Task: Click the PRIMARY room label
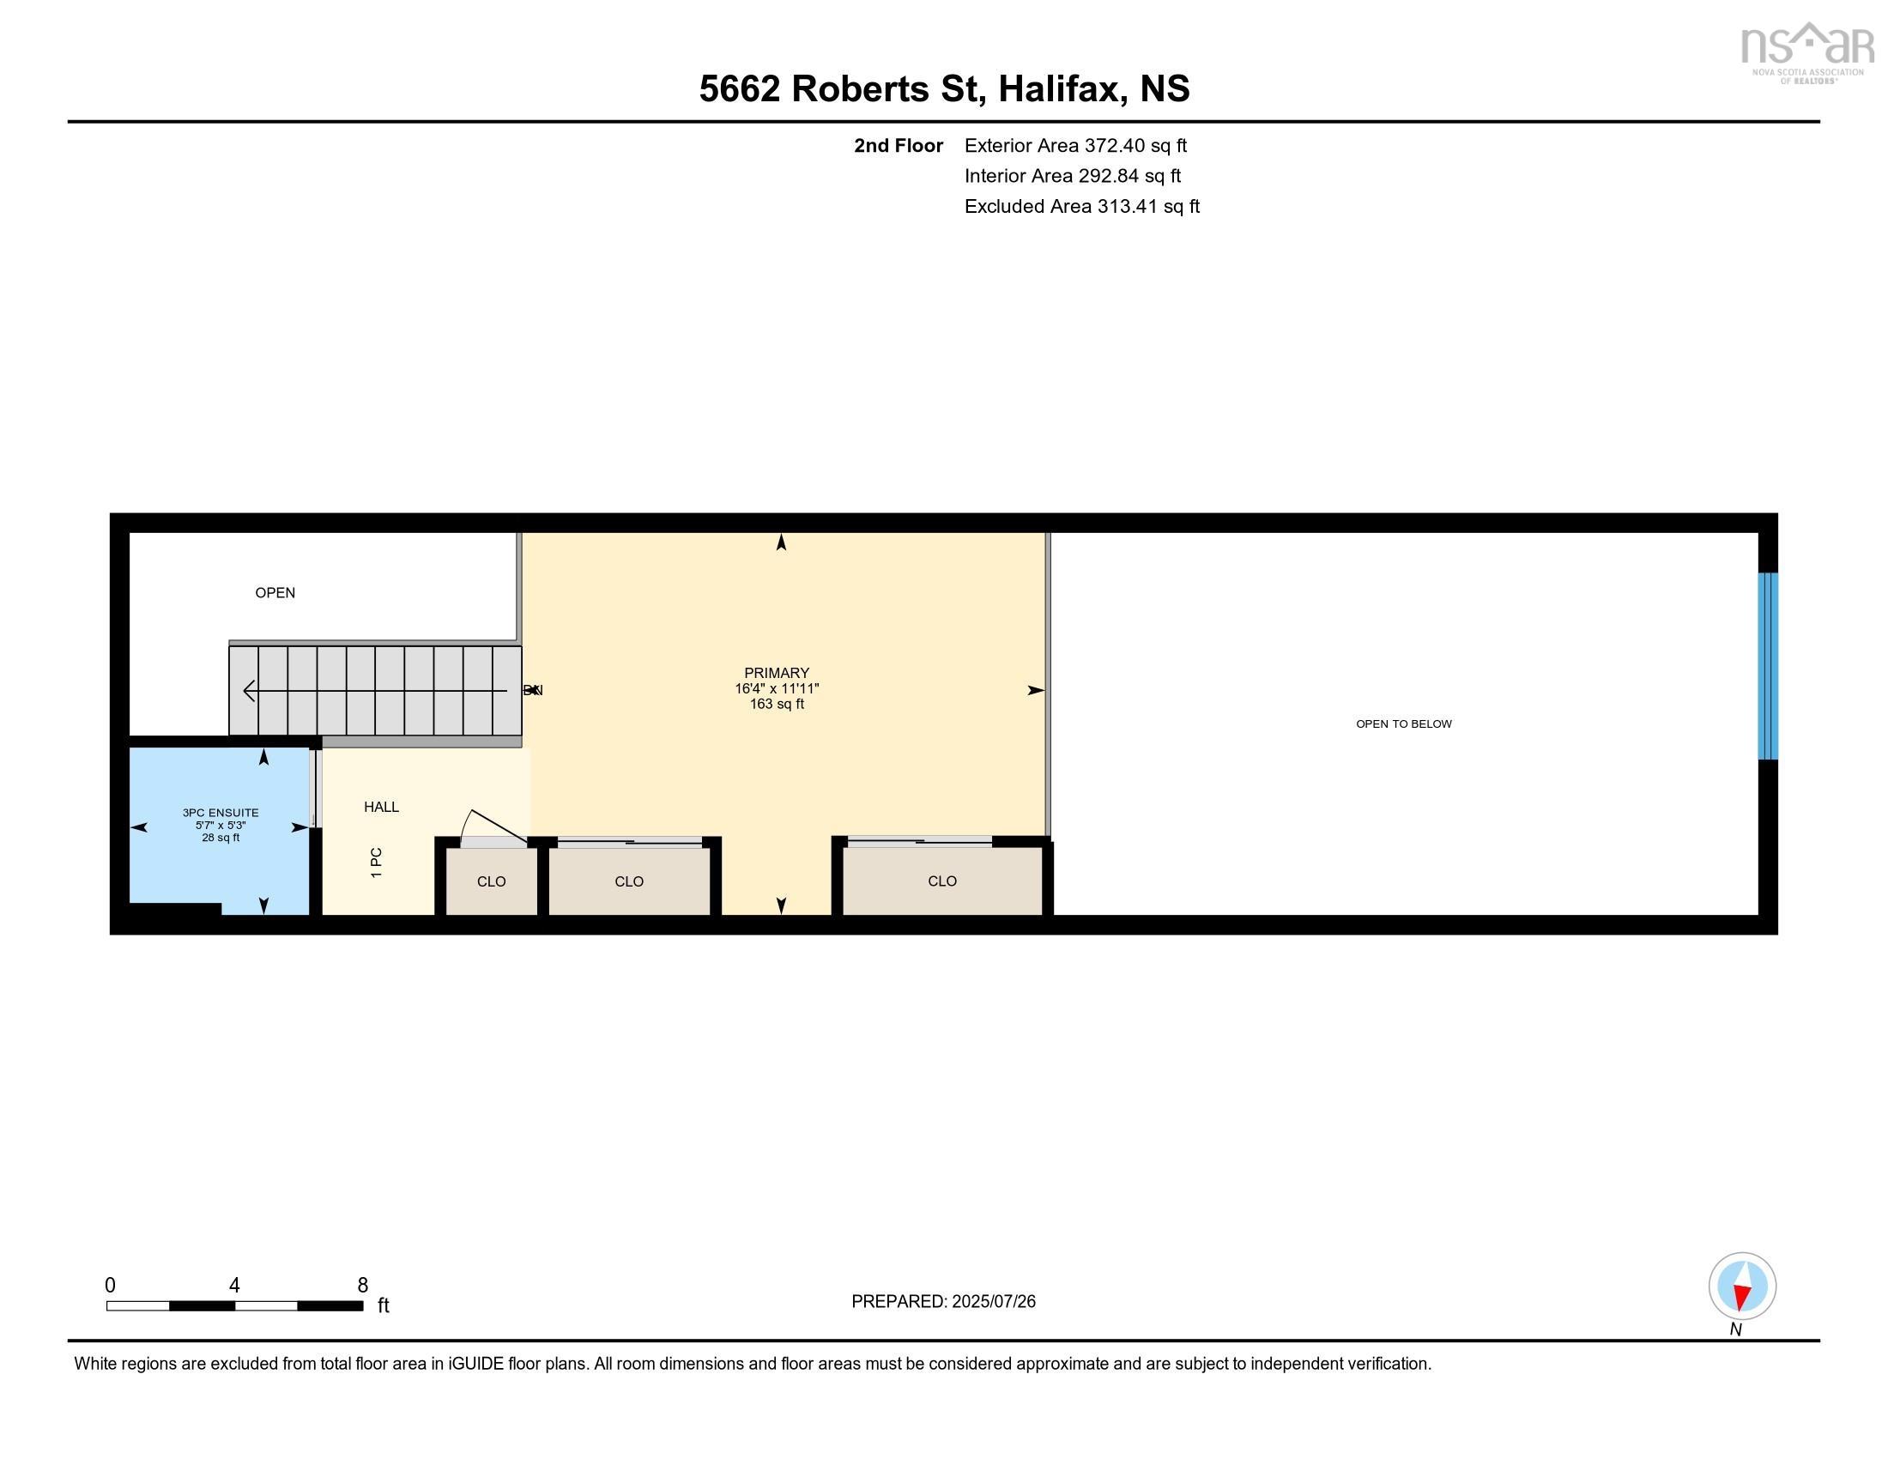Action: [x=777, y=673]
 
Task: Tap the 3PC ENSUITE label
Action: [x=221, y=813]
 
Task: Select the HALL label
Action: [x=381, y=807]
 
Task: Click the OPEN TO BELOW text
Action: [x=1403, y=723]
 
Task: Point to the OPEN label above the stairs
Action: [x=275, y=592]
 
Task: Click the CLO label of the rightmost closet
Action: [x=941, y=881]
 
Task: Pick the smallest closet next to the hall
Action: [x=491, y=881]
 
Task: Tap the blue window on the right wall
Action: [x=1767, y=665]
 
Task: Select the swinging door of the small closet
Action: [x=495, y=826]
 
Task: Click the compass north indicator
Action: [x=1741, y=1286]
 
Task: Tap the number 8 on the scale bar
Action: [x=362, y=1285]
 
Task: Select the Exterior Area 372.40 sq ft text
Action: [x=1075, y=145]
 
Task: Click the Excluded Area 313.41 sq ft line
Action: [x=1081, y=206]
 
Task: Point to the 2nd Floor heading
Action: [x=898, y=145]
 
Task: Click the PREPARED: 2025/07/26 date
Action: [x=943, y=1301]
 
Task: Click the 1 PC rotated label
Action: [x=376, y=862]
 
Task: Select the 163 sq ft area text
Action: [x=777, y=704]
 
